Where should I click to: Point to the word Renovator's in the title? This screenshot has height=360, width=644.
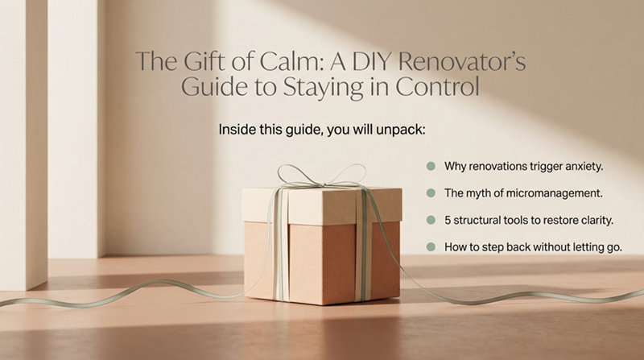tap(462, 61)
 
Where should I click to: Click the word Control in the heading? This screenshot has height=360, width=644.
tap(438, 87)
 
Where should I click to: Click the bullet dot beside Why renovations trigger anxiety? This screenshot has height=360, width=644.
tap(431, 166)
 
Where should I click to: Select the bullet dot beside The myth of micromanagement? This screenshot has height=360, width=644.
tap(431, 192)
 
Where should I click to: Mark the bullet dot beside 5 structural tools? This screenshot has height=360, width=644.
tap(431, 220)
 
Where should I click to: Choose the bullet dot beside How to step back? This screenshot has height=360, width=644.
tap(431, 246)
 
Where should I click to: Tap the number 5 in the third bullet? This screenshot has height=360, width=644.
tap(448, 221)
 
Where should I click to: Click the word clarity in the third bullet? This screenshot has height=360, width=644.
tap(596, 221)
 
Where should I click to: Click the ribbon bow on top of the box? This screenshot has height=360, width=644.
tap(321, 176)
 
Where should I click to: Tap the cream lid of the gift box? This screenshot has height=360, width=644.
tap(322, 205)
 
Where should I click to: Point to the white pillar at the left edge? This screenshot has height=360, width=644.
tap(24, 144)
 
